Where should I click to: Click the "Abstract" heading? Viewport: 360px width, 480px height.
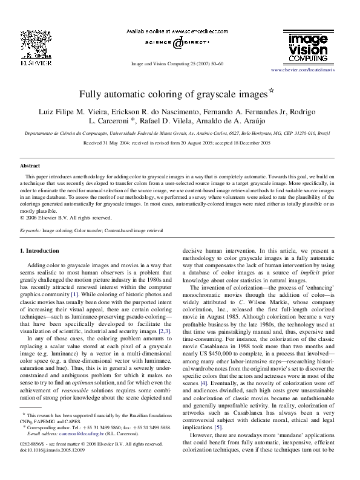(30, 164)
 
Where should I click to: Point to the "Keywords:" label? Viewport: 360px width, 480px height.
(30, 231)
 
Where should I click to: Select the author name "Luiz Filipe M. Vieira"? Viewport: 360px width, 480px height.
(74, 112)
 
